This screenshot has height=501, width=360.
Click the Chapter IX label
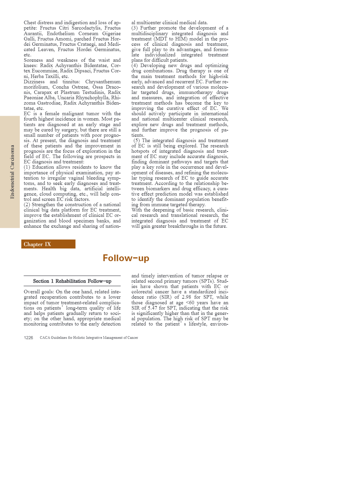38,244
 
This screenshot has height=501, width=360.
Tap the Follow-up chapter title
126,258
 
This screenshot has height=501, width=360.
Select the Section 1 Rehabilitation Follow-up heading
72,281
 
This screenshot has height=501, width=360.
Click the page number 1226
28,338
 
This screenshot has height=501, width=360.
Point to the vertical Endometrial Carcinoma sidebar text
12,172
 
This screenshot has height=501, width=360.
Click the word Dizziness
34,82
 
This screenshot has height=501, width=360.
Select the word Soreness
33,60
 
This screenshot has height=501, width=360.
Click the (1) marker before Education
27,167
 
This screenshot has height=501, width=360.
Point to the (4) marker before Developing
135,66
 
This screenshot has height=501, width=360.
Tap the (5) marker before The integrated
137,141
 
